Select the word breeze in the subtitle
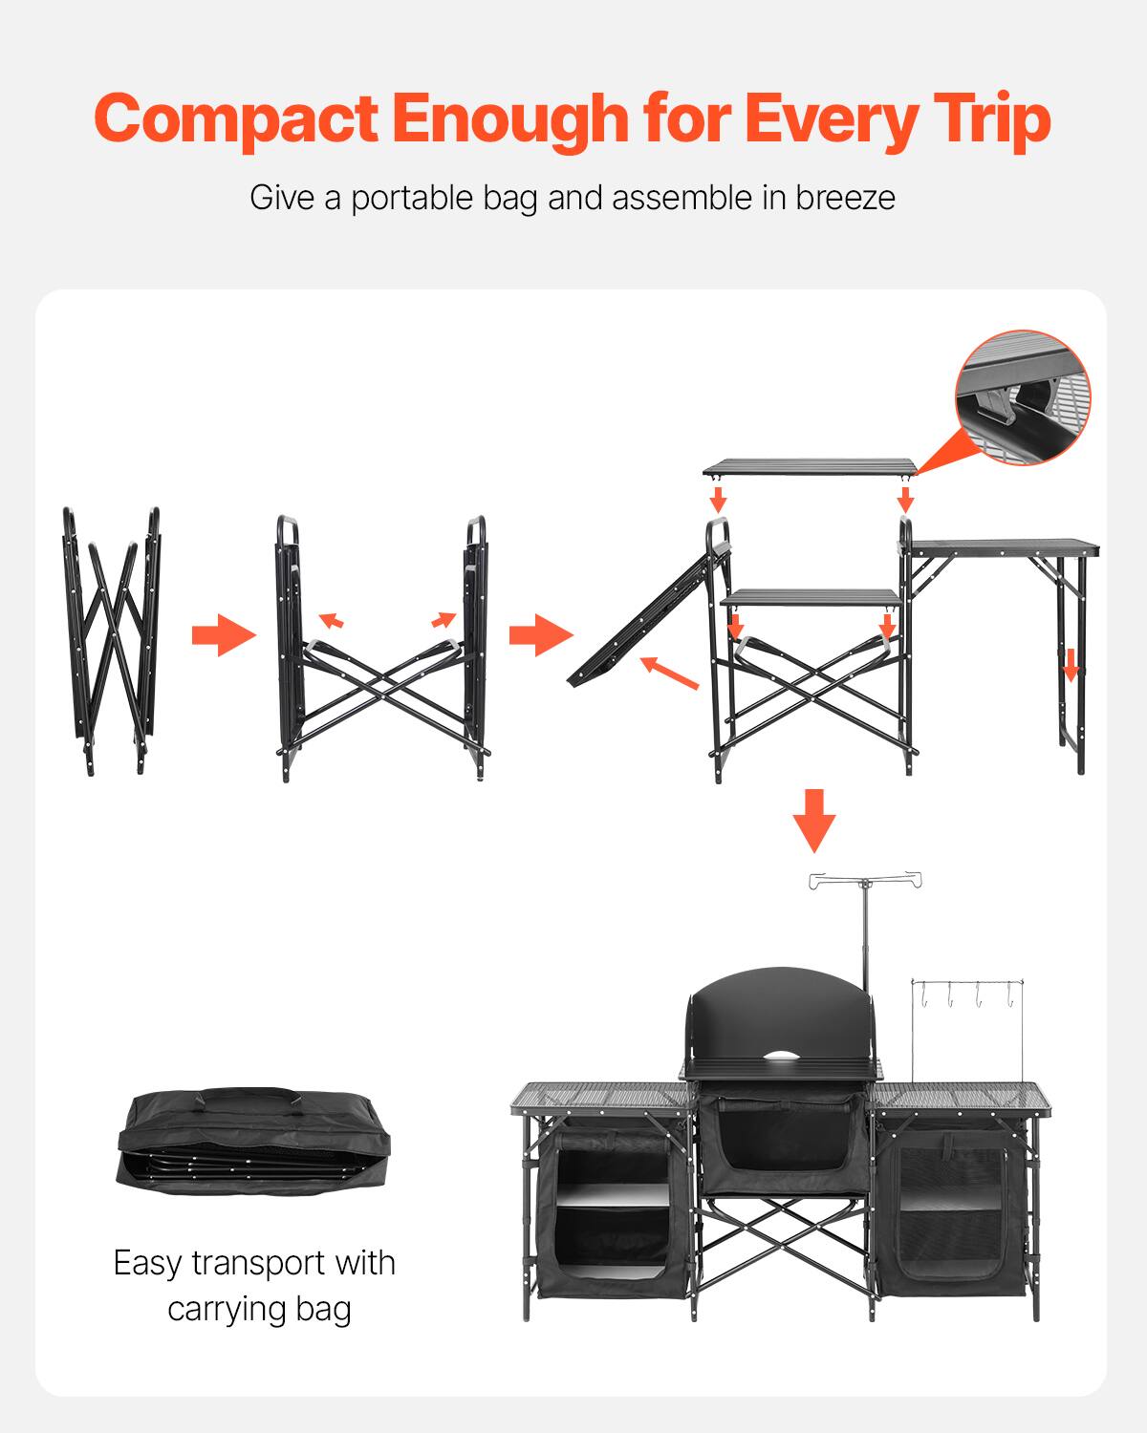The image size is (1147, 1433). pos(845,199)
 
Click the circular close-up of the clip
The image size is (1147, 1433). pos(1022,396)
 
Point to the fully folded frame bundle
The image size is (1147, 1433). pos(113,640)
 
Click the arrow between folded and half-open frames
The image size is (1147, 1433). pos(224,635)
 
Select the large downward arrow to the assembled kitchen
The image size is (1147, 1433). pos(814,820)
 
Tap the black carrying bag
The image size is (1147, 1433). pos(257,1136)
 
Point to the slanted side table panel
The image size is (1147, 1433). pos(646,616)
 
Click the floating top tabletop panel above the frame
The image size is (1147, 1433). pos(809,467)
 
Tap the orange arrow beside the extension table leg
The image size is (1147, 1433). pos(1071,664)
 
